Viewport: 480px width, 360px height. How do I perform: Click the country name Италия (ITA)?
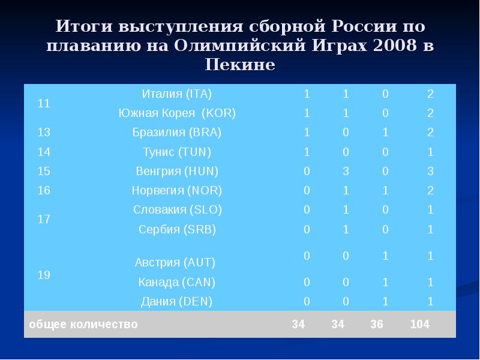click(x=176, y=94)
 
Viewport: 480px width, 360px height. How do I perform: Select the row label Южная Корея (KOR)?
click(x=176, y=113)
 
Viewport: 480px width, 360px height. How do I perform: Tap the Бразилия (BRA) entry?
click(x=176, y=133)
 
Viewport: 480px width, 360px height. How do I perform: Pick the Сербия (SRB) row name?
click(x=176, y=229)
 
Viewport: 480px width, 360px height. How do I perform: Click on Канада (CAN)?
click(x=176, y=282)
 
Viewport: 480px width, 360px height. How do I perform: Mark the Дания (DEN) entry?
click(x=176, y=301)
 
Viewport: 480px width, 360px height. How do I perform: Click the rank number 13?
click(x=44, y=133)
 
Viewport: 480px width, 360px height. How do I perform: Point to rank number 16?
click(x=44, y=191)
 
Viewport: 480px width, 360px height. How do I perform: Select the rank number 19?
click(x=44, y=275)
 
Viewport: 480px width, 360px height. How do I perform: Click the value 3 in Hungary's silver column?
click(x=346, y=171)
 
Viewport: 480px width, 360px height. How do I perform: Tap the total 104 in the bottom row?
click(x=420, y=325)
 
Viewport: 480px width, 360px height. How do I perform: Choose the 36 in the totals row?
click(x=377, y=325)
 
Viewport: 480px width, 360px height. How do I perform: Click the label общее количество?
click(x=83, y=325)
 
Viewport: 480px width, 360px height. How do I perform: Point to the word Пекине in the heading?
click(x=240, y=64)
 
